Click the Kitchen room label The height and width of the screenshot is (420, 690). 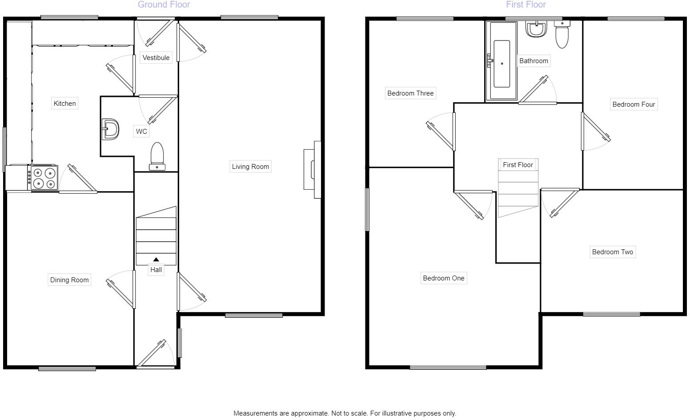point(65,104)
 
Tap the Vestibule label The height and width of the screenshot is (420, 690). point(156,58)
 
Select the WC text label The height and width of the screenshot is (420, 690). point(141,132)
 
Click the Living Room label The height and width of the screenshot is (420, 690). point(250,167)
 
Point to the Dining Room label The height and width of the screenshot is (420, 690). point(69,280)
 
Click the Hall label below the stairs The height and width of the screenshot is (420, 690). point(156,270)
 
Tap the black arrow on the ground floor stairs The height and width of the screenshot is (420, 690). point(156,260)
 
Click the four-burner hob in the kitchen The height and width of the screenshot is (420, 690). point(44,178)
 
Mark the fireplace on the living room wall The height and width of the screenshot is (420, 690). point(312,169)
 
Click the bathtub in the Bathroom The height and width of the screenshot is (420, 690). point(501,64)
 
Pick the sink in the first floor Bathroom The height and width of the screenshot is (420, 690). point(536,29)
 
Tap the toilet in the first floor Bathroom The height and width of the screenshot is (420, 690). point(562,35)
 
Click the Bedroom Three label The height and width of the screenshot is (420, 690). point(410,93)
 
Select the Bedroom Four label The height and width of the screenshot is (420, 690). point(634,104)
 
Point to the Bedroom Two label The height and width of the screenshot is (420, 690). point(612,252)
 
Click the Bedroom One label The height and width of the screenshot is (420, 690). point(444,278)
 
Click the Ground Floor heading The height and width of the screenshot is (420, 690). point(164,5)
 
